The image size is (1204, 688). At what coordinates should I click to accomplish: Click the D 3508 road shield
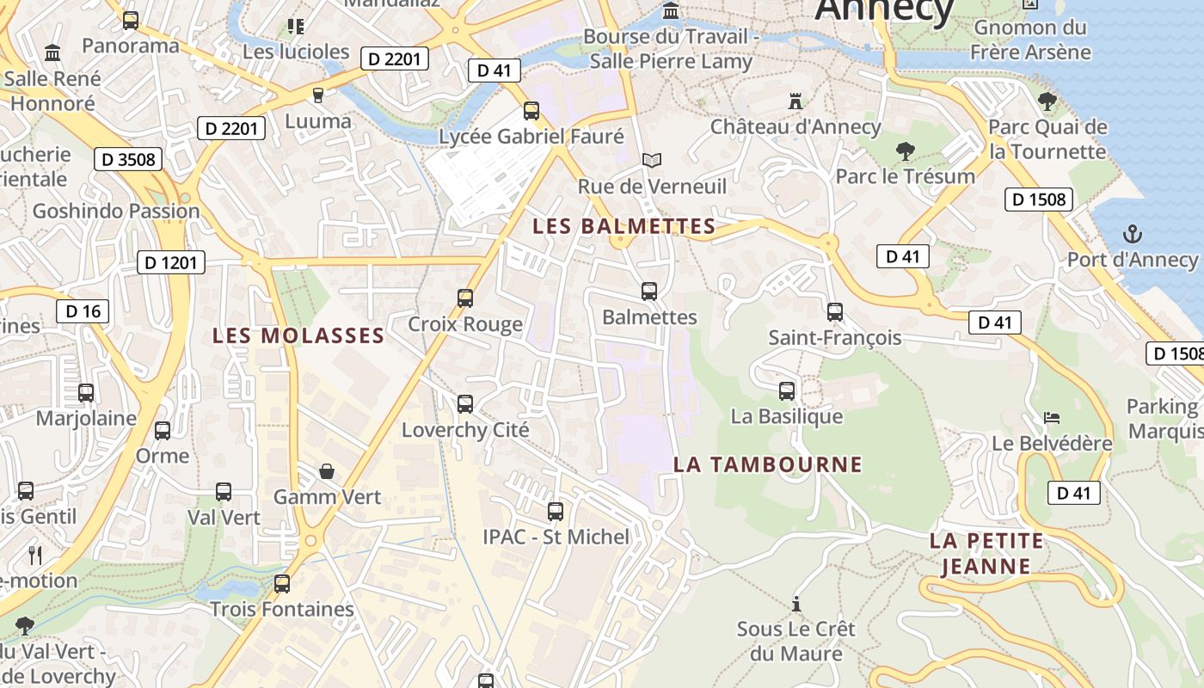coord(128,159)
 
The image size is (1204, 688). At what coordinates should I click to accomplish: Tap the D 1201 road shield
coord(171,262)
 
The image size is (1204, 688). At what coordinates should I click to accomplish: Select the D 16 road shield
coord(83,310)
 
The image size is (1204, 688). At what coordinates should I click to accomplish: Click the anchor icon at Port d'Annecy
coord(1133,234)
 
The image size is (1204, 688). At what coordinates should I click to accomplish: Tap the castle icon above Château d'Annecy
coord(795,101)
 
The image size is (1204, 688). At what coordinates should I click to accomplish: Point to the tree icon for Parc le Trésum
coord(905,151)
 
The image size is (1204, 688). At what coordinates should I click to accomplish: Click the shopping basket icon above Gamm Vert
coord(327,471)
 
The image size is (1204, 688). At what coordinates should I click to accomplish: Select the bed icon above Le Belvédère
coord(1052,418)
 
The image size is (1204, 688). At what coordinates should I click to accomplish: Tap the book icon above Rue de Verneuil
coord(652,160)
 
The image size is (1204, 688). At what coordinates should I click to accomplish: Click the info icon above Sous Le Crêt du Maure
coord(796,604)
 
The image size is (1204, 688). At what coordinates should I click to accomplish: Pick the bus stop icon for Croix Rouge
coord(465,298)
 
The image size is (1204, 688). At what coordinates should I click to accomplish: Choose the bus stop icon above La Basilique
coord(787,391)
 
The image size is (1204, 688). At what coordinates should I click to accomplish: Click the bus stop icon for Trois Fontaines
coord(282,584)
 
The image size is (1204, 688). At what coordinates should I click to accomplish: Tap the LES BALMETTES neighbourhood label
coord(623,226)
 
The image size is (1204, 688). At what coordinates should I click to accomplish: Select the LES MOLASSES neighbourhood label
coord(298,335)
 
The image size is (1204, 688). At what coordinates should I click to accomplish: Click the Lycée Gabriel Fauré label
coord(531,136)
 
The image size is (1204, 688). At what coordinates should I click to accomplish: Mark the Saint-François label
coord(834,337)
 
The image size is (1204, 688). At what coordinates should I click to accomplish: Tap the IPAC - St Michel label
coord(556,537)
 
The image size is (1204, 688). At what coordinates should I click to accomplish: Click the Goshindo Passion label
coord(115,211)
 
